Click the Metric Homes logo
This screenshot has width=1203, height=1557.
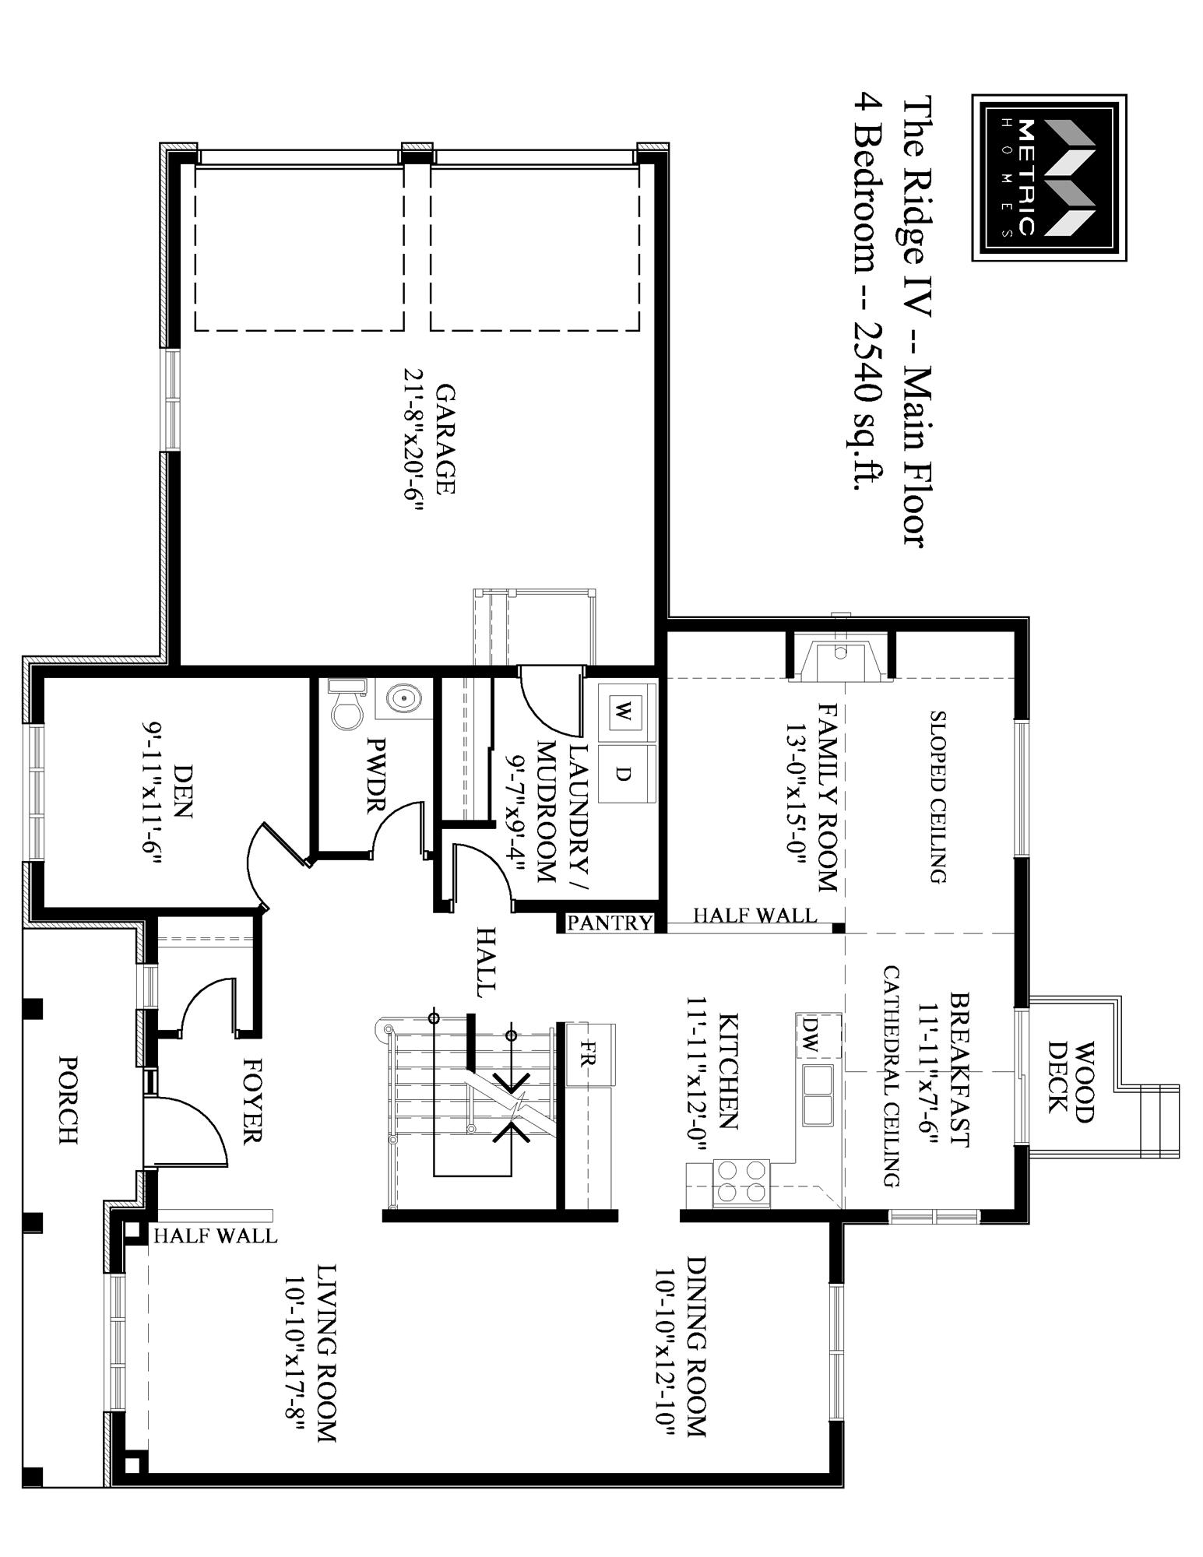click(x=1049, y=177)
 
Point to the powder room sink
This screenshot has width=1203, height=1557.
click(x=403, y=698)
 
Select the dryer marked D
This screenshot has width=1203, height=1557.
click(x=623, y=774)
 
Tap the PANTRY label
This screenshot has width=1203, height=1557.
click(x=610, y=923)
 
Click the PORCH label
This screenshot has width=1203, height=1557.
click(x=69, y=1100)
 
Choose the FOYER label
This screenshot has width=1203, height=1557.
click(x=252, y=1100)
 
